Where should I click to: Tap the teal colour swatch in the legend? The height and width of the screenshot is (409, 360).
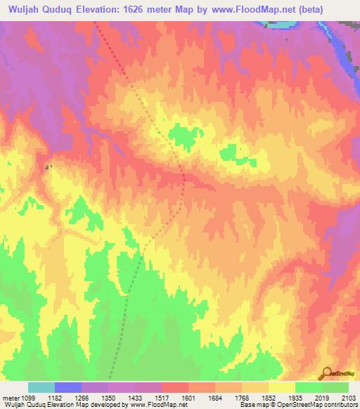point(41,387)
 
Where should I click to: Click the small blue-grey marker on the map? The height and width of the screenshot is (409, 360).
point(47,167)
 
